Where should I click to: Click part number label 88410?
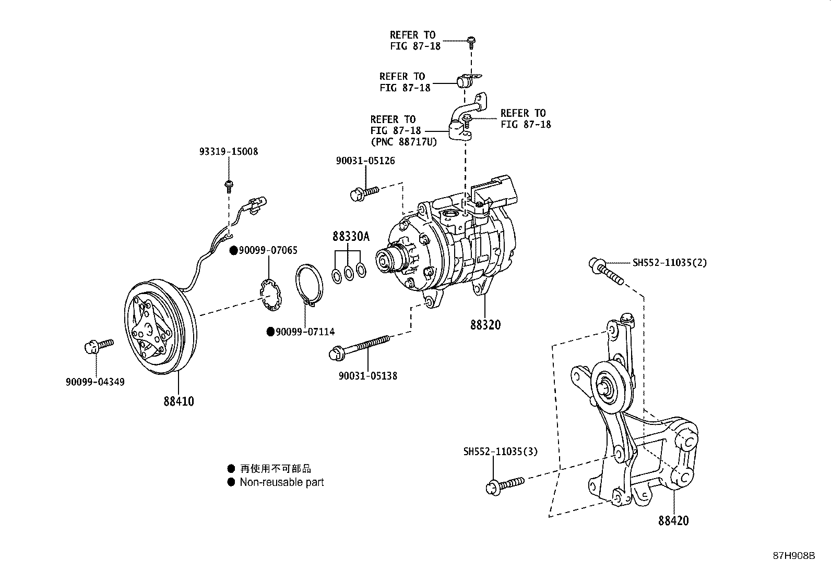[179, 401]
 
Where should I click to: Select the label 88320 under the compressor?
[485, 325]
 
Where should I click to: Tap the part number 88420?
[673, 520]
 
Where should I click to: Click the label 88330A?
[351, 237]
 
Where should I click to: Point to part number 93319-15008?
[229, 152]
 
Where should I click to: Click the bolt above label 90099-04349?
[98, 345]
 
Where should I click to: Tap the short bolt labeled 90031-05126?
[364, 193]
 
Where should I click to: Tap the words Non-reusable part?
[282, 482]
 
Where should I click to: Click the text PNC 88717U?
[403, 142]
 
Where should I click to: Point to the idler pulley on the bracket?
[608, 387]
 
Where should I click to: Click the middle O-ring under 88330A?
[349, 272]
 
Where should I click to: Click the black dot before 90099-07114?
[270, 332]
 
